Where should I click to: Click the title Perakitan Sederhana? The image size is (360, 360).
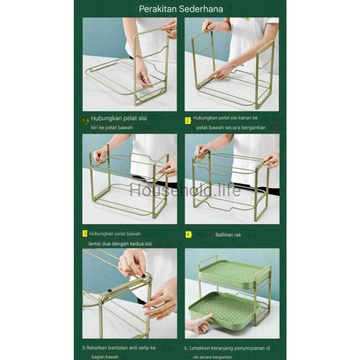click(181, 9)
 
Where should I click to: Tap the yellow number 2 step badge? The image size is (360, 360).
click(188, 120)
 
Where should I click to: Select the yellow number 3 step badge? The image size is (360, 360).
click(85, 233)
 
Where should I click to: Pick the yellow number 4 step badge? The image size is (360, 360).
click(188, 234)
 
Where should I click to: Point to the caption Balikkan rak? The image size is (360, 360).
click(228, 235)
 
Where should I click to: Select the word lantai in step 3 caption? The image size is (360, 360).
click(94, 244)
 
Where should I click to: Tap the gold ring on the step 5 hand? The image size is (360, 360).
click(165, 307)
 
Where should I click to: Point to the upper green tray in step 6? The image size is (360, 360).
click(234, 273)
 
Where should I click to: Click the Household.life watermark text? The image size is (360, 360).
click(185, 190)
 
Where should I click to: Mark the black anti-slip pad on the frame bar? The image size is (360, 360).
click(109, 291)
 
